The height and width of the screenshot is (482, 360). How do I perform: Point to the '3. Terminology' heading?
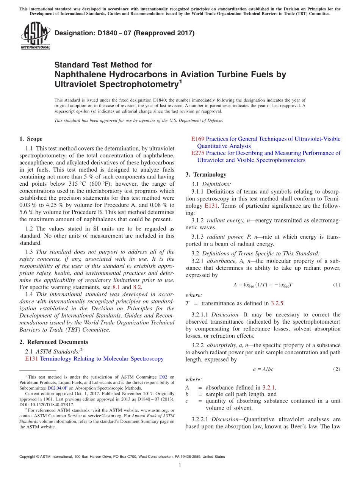tap(206, 175)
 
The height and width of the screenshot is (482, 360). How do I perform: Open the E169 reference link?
tap(198, 139)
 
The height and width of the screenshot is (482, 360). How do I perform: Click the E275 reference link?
tap(198, 153)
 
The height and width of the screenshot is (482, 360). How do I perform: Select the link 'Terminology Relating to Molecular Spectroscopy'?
tap(102, 358)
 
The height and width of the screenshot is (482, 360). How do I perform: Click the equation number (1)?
tap(336, 285)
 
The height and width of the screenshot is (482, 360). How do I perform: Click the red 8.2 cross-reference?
tap(137, 287)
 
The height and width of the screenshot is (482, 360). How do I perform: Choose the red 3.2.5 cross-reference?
tap(277, 303)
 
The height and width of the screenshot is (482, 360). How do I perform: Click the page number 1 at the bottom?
tap(180, 465)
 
